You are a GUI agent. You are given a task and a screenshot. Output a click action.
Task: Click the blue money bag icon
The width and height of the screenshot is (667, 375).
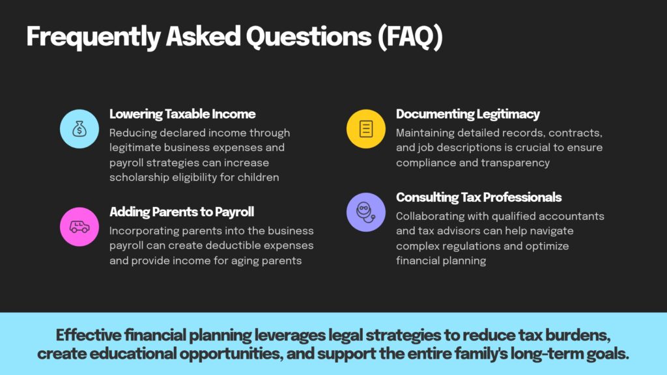[79, 129]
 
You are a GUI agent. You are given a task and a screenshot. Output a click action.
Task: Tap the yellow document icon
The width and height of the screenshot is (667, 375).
[366, 129]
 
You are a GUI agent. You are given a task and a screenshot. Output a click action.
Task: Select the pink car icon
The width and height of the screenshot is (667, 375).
[79, 227]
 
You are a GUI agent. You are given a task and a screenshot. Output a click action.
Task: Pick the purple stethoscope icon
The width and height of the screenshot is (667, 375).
[366, 212]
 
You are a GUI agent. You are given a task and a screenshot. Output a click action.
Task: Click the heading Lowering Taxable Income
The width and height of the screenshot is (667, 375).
[182, 114]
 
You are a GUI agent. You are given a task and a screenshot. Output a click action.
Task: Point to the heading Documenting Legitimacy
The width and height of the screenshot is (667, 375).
[468, 114]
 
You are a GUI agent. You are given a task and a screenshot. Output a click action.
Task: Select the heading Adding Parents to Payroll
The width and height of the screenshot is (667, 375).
[182, 212]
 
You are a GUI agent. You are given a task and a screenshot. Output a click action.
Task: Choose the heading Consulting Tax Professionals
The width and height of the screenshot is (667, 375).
[479, 197]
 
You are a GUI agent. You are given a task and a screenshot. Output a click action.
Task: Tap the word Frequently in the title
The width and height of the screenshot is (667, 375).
[94, 37]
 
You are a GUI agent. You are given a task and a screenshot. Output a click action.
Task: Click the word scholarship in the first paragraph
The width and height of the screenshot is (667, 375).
[139, 177]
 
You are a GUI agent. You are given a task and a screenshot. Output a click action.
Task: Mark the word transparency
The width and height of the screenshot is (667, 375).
[516, 163]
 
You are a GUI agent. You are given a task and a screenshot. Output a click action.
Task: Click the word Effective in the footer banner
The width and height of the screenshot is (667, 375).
[90, 335]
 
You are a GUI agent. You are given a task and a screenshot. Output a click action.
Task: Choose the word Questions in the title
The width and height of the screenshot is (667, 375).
[309, 36]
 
